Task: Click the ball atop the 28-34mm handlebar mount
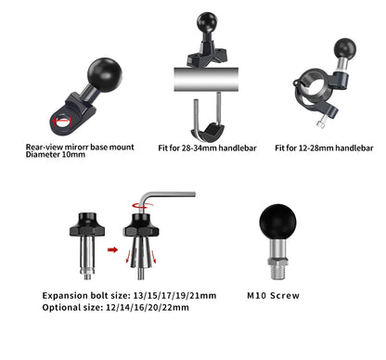(205, 22)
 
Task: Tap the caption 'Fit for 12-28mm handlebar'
(327, 148)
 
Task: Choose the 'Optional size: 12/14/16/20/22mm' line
(115, 307)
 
